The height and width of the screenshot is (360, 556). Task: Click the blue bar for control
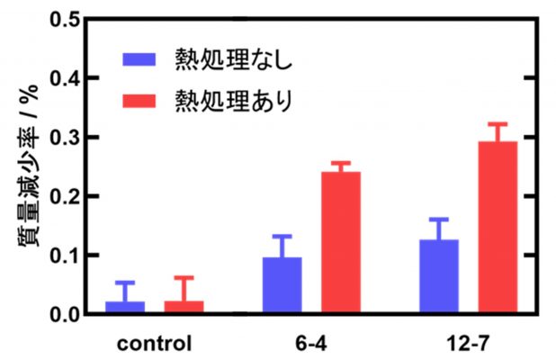coord(125,307)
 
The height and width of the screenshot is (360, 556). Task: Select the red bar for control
coord(184,307)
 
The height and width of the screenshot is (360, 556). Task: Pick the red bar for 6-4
coord(340,243)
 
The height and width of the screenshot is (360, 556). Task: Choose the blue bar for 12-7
coord(438,276)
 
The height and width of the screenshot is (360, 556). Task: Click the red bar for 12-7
coord(498,228)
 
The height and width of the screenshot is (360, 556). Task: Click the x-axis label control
coord(154,343)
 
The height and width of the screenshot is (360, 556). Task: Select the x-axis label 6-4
coord(311,343)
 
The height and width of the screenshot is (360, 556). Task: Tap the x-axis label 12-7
coord(468,343)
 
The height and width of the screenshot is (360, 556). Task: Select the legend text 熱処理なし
coord(234,60)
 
